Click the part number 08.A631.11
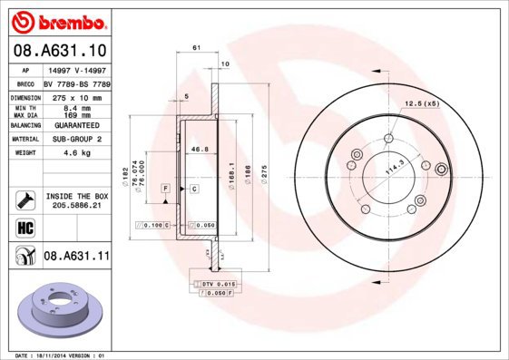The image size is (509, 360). pyautogui.click(x=76, y=258)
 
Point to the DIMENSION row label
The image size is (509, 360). pyautogui.click(x=25, y=96)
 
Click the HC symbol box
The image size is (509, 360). pyautogui.click(x=25, y=227)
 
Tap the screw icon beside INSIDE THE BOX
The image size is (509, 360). pyautogui.click(x=25, y=197)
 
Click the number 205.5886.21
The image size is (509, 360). pyautogui.click(x=76, y=206)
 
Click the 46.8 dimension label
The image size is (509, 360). pyautogui.click(x=199, y=149)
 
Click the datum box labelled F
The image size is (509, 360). pyautogui.click(x=166, y=188)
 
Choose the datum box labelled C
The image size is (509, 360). pyautogui.click(x=193, y=188)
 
